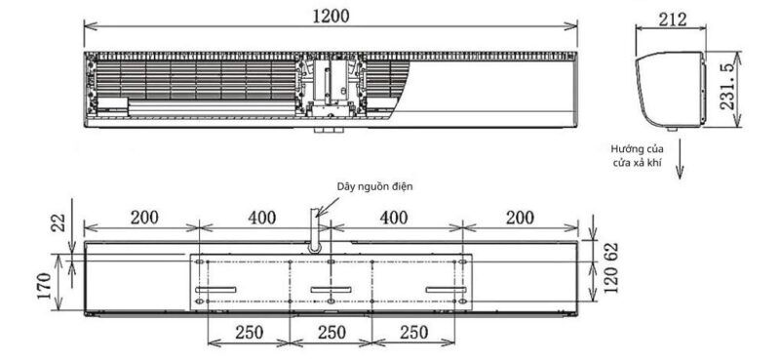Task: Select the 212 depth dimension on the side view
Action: (673, 20)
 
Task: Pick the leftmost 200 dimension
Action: (143, 218)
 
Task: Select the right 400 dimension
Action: (392, 218)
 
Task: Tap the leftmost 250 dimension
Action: (249, 333)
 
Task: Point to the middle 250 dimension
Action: (331, 333)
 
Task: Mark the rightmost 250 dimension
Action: (414, 333)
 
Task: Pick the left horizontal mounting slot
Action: (215, 290)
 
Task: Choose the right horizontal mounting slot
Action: (447, 290)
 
